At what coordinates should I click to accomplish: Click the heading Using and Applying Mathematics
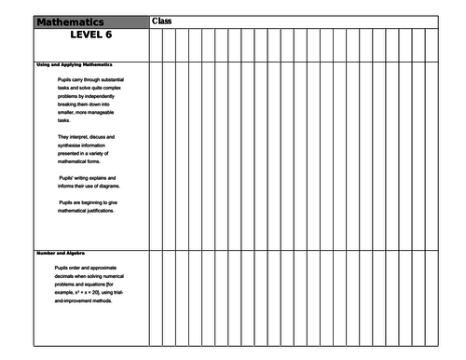[x=75, y=64]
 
